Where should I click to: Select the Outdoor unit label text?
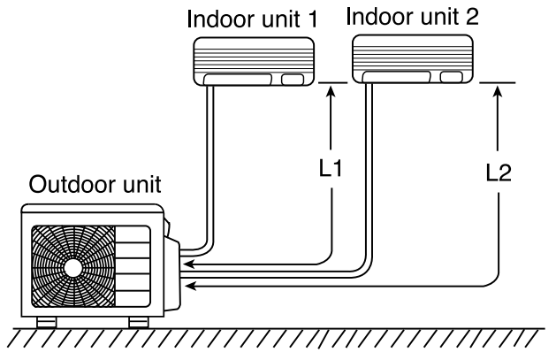point(95,186)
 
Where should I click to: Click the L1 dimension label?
point(330,166)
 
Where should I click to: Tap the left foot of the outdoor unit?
point(43,321)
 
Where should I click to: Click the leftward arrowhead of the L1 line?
point(187,263)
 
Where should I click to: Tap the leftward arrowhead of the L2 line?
point(187,286)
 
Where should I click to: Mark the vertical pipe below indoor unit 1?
point(211,159)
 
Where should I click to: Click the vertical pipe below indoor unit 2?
point(364,168)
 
